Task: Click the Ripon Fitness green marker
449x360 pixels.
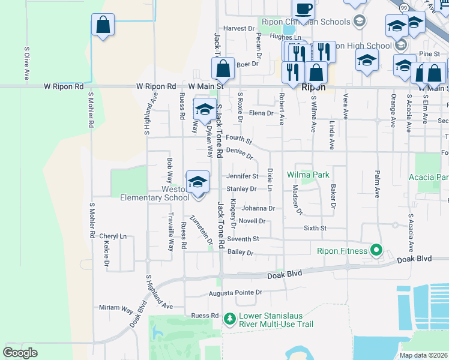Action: pyautogui.click(x=376, y=250)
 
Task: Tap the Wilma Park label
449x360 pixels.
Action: pyautogui.click(x=308, y=175)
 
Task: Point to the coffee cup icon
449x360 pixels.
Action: pyautogui.click(x=303, y=8)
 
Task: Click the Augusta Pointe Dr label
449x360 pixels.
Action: pyautogui.click(x=235, y=293)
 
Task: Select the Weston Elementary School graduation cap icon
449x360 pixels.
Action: pyautogui.click(x=197, y=181)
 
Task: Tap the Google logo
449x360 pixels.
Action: pyautogui.click(x=20, y=353)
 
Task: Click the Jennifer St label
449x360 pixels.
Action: pyautogui.click(x=242, y=176)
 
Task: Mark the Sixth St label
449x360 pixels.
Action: pyautogui.click(x=315, y=228)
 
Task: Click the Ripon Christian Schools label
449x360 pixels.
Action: pyautogui.click(x=306, y=22)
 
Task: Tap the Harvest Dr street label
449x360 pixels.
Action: pyautogui.click(x=239, y=28)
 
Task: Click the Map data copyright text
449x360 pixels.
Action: pyautogui.click(x=424, y=355)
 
